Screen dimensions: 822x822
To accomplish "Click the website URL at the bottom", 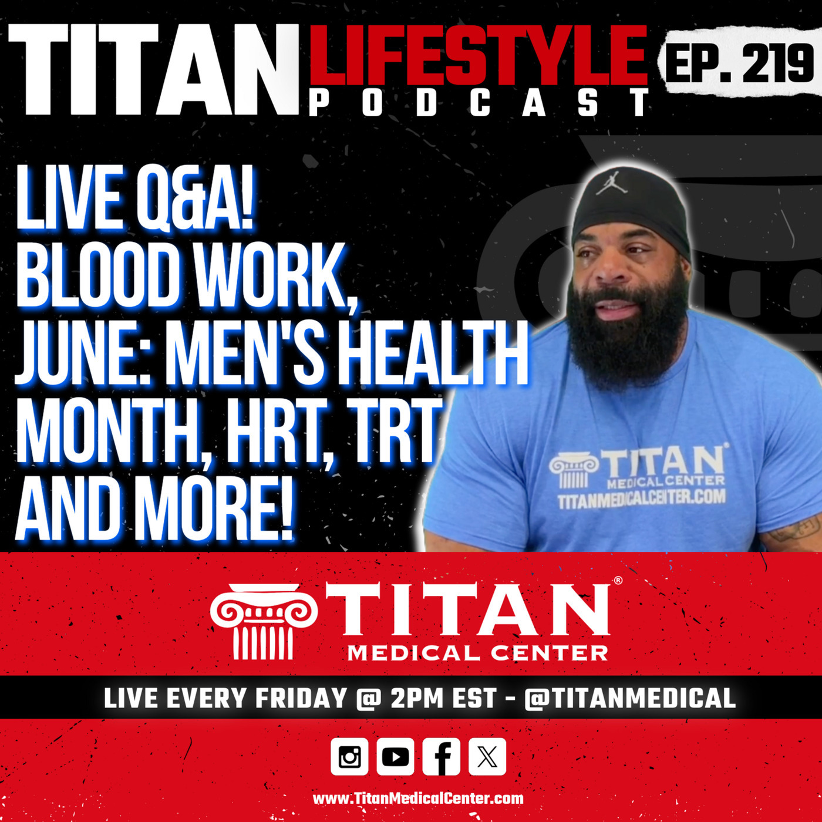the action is tap(418, 799).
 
